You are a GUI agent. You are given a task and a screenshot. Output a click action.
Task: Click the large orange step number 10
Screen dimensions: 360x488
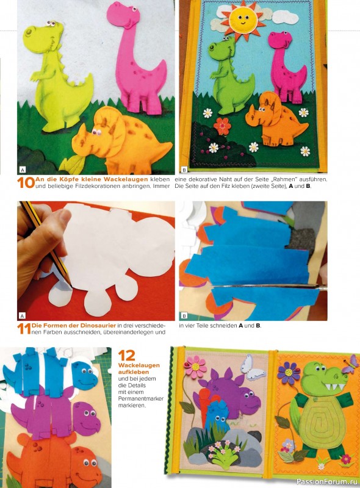26,182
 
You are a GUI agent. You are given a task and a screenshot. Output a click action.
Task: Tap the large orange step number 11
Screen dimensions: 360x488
24,329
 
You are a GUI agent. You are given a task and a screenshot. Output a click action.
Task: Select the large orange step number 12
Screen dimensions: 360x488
127,356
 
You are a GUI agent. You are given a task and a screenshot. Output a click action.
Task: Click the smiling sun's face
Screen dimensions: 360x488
242,19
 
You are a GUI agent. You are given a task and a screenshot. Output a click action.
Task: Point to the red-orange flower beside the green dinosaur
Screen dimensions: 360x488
222,126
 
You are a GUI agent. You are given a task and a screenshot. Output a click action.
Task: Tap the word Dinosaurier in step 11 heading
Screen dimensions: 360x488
98,326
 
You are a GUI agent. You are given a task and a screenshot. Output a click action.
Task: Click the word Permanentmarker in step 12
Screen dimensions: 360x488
141,399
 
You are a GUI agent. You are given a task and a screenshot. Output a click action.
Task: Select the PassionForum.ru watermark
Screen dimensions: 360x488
327,482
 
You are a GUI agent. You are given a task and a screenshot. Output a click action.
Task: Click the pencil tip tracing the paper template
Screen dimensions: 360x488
71,285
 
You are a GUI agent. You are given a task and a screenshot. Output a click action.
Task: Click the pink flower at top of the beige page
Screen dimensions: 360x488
195,367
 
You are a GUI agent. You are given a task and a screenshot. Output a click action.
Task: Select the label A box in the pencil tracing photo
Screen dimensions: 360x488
22,315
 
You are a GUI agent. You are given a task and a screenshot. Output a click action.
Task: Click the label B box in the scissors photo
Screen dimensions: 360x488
184,315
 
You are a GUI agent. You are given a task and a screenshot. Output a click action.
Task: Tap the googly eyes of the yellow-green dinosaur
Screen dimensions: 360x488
51,23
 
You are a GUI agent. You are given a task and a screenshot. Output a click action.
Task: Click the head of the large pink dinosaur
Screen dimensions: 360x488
122,15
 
